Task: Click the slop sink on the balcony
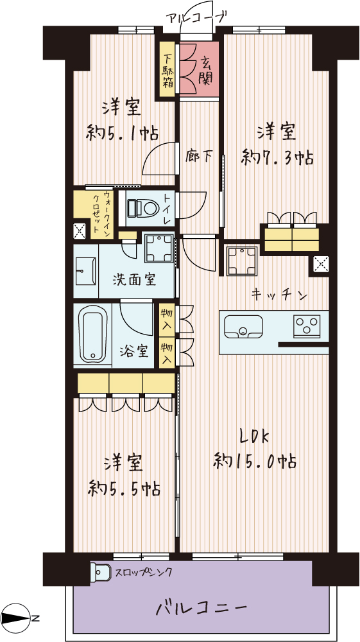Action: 101,571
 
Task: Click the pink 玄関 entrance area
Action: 199,69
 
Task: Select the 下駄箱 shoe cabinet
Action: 167,69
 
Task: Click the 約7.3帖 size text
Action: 278,157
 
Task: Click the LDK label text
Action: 255,437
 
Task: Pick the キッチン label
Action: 279,294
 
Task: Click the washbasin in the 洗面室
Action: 87,271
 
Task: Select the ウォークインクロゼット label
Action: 102,214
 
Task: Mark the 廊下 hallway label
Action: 198,155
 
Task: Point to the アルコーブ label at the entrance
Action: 196,19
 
